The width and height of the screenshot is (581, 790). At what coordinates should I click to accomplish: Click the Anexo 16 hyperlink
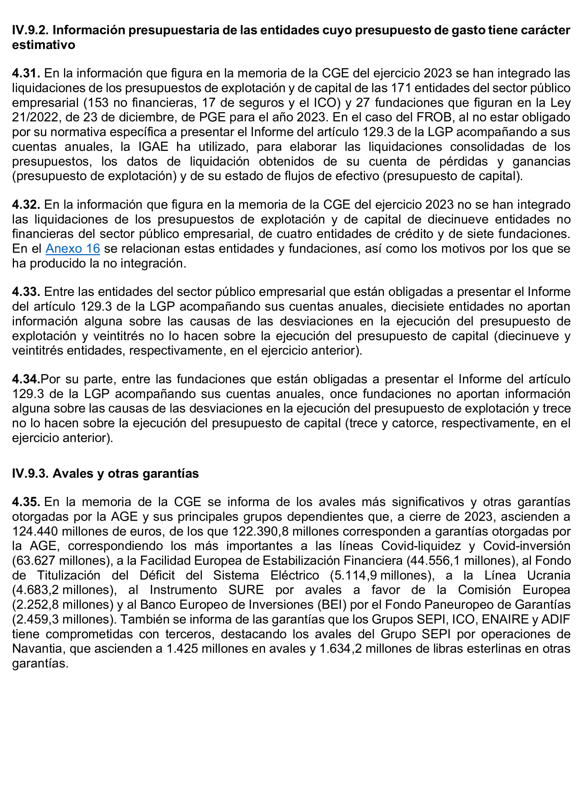pyautogui.click(x=73, y=248)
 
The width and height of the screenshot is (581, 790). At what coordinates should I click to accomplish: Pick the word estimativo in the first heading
pyautogui.click(x=44, y=45)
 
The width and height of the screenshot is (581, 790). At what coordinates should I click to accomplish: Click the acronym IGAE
pyautogui.click(x=153, y=147)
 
